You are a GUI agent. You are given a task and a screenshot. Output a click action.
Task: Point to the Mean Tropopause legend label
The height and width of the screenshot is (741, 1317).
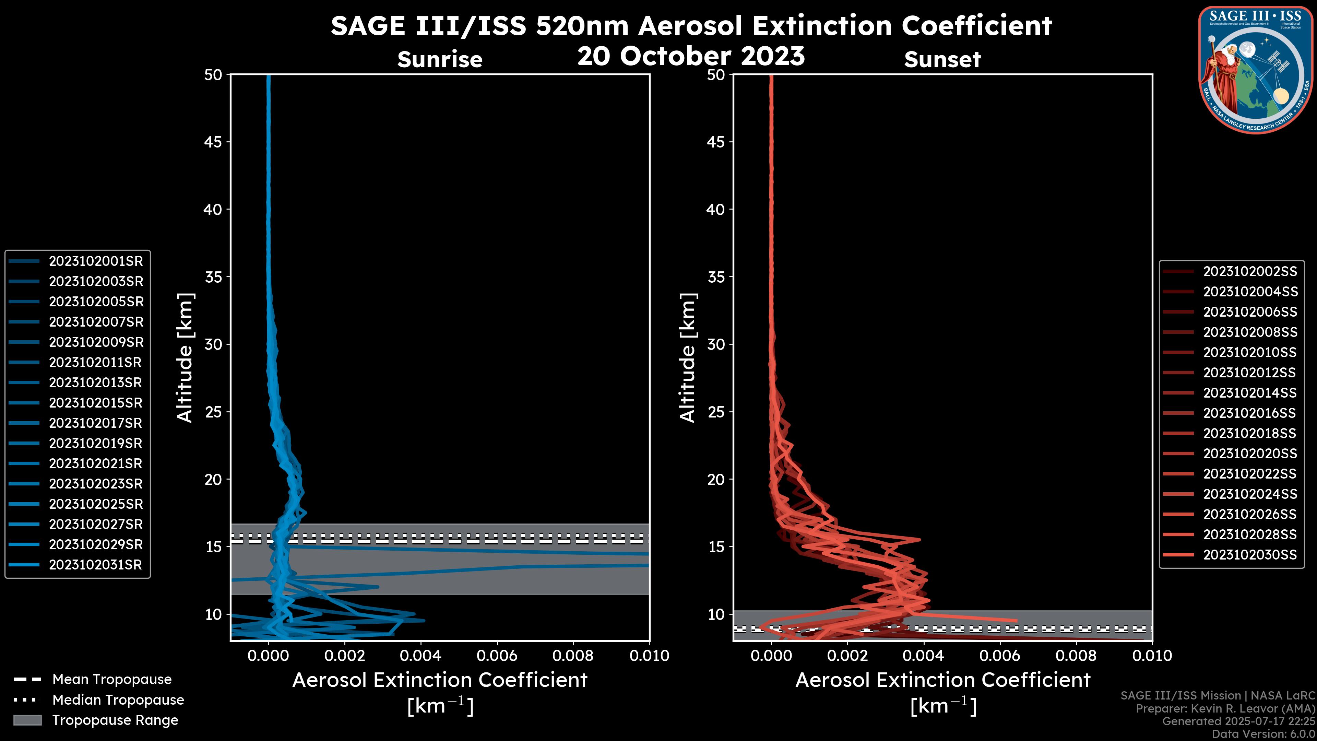(112, 680)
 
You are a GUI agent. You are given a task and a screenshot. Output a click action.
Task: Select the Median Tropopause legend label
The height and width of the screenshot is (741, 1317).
(118, 700)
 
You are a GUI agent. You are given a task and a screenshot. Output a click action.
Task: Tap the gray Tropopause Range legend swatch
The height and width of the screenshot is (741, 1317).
(27, 720)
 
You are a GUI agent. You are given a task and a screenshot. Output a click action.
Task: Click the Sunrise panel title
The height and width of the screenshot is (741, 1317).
(440, 60)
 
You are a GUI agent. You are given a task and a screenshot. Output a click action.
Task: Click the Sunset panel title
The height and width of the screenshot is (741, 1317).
(942, 60)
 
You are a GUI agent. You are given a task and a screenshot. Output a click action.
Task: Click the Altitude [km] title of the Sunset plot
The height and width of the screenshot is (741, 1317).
(688, 357)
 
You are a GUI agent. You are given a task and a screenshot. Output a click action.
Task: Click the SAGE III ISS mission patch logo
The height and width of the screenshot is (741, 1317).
(1256, 70)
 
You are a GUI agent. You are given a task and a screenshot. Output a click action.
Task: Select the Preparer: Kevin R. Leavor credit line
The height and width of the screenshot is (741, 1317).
(1225, 709)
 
